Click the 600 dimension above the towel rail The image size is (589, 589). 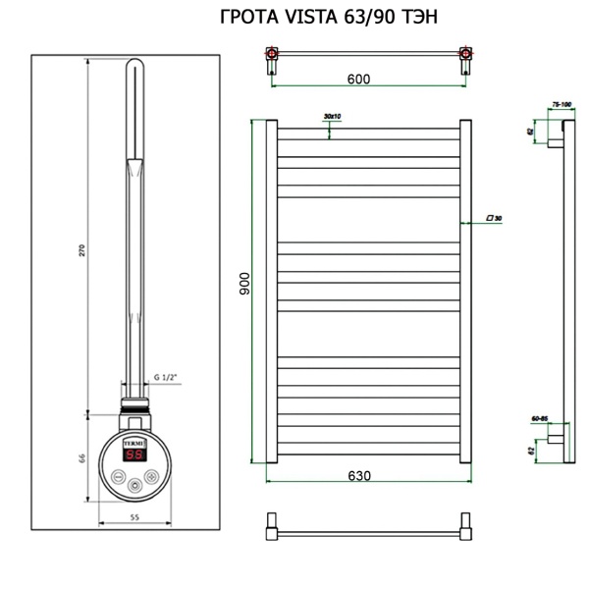[x=358, y=80]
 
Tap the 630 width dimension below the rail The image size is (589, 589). [x=358, y=475]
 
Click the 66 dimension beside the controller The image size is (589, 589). [x=82, y=458]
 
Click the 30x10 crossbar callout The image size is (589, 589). [x=331, y=117]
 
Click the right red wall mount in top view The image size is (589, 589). [x=464, y=55]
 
